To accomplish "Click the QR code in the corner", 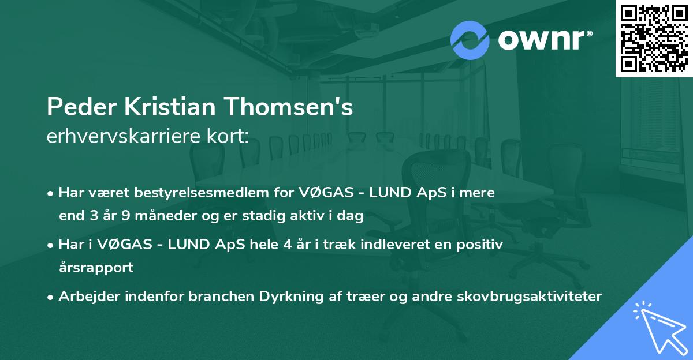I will point(654,38).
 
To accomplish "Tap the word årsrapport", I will point(96,268).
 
